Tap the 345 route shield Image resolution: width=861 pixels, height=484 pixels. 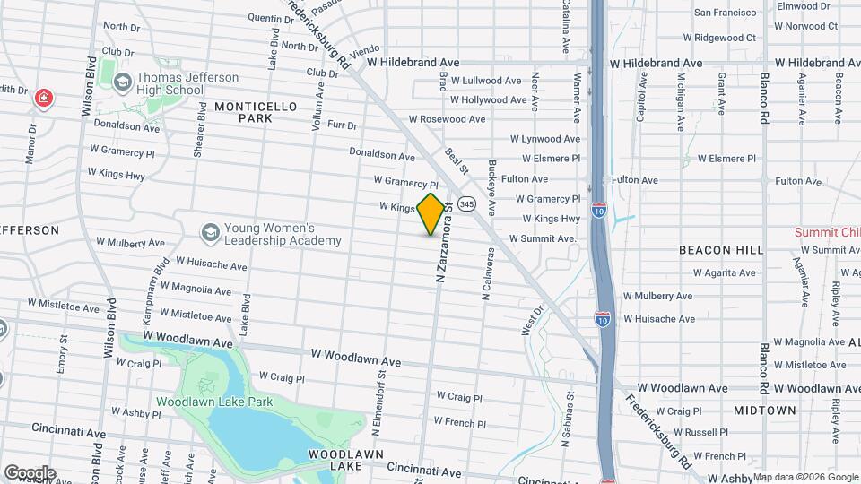(465, 204)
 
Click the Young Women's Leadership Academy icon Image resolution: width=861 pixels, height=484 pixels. (210, 233)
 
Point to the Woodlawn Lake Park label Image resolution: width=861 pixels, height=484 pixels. (214, 402)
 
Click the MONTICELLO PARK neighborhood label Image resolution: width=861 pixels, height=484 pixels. (256, 112)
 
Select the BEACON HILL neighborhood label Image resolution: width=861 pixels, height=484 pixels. (720, 249)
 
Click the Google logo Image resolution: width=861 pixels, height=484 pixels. (30, 472)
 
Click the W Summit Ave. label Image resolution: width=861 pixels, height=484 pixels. (543, 239)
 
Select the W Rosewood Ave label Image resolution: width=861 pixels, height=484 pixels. (447, 119)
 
